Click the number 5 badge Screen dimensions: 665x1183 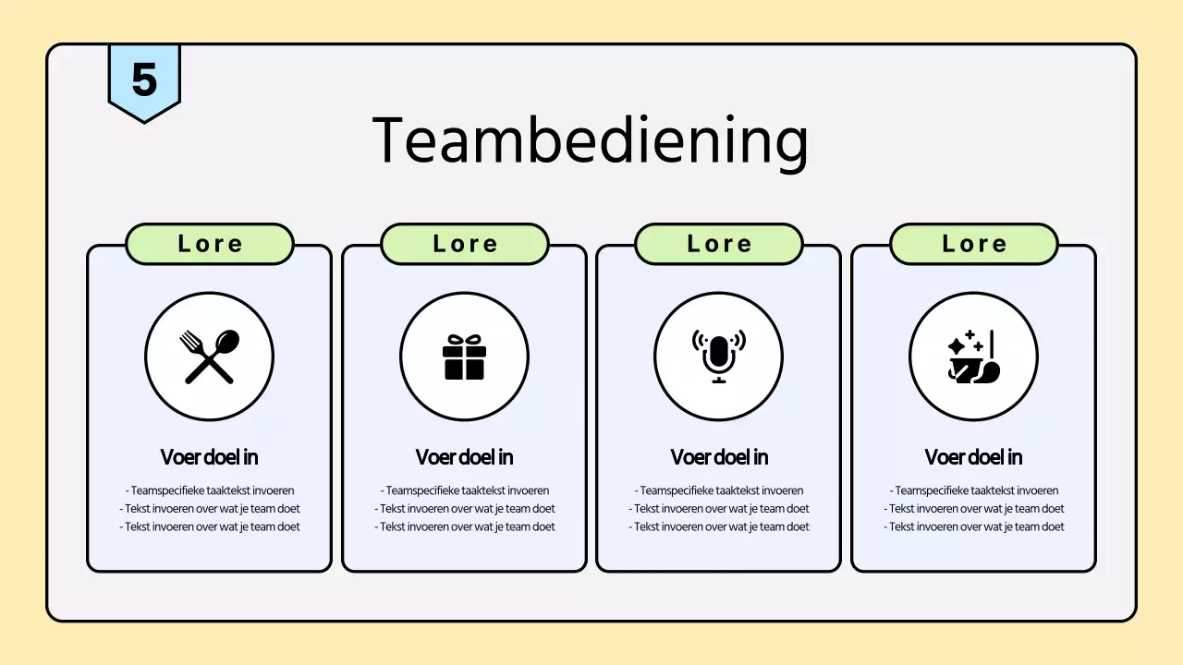[144, 80]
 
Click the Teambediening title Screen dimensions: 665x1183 [591, 140]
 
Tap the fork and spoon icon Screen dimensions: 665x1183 [210, 357]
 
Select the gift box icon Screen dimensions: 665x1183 [464, 357]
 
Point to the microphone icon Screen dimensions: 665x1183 [719, 357]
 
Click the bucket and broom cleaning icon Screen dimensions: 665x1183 [973, 357]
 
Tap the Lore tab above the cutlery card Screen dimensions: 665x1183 [210, 244]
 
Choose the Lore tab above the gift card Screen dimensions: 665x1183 [465, 244]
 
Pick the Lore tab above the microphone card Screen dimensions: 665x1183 [719, 244]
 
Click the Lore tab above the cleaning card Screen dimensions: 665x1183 [974, 244]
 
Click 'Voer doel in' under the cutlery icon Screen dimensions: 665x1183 [210, 457]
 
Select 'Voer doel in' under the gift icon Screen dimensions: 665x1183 [465, 457]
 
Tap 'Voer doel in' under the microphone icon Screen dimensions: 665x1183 [719, 457]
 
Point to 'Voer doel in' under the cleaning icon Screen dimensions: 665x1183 [974, 457]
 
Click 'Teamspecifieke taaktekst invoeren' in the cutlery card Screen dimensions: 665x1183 [210, 490]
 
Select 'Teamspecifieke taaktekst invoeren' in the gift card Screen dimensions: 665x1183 [465, 490]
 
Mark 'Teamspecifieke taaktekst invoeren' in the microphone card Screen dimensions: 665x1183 [719, 490]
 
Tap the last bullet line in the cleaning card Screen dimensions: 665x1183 [974, 526]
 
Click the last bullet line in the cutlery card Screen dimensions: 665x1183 [210, 526]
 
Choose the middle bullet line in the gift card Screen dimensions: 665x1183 [465, 509]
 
